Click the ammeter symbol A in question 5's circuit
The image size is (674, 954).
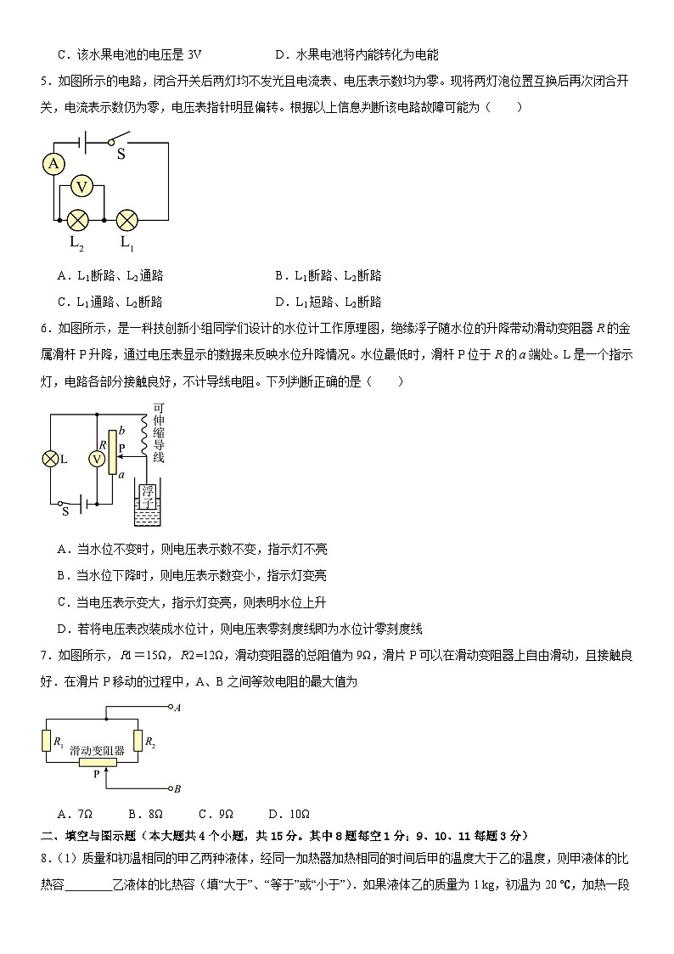54,163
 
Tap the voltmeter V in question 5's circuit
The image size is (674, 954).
81,187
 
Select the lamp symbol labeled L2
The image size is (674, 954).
78,220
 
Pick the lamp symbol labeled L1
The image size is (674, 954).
126,220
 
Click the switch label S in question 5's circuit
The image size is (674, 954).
121,154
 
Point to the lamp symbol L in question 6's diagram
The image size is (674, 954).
50,459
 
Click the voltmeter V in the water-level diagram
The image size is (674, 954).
98,459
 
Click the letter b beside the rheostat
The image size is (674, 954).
122,432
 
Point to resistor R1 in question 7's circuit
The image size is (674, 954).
48,740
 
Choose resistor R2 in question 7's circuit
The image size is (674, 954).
138,740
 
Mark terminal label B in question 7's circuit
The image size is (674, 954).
177,788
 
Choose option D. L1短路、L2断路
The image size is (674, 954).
328,302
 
